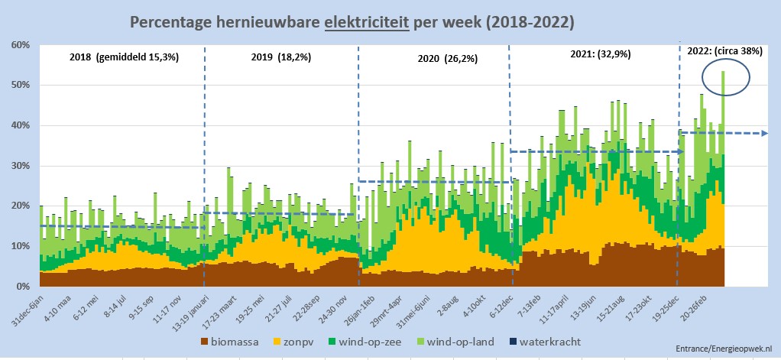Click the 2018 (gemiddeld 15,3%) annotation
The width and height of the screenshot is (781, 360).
pos(123,57)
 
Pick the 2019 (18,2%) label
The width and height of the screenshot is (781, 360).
pos(281,57)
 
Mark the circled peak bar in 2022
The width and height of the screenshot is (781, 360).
pos(723,76)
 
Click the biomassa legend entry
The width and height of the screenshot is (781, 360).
pos(230,341)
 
